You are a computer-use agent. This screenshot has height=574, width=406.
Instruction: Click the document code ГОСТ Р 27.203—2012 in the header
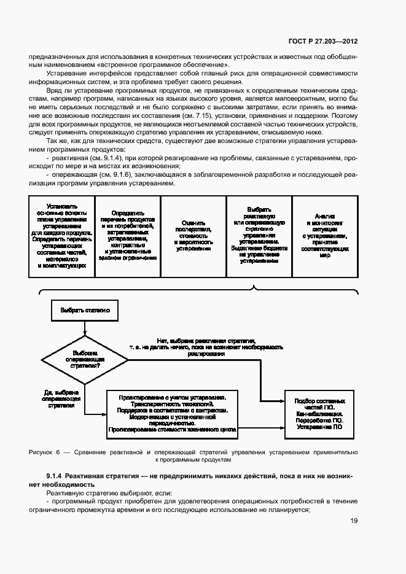coord(323,41)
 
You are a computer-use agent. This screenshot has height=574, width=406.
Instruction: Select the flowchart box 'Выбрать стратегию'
coord(84,311)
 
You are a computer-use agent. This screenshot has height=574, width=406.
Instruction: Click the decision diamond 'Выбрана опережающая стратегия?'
coord(84,359)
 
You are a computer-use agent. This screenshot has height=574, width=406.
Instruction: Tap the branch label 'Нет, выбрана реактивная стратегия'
coord(206,347)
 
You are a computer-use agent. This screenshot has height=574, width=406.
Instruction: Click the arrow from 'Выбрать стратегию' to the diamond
coord(84,328)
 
